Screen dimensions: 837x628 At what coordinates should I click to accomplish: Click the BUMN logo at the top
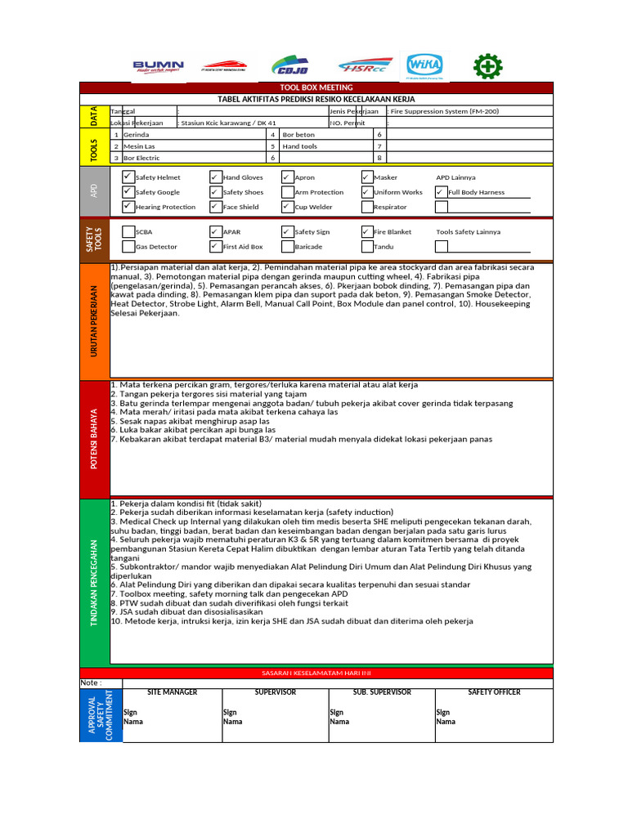[159, 67]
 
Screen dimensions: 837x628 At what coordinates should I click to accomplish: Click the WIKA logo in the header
[423, 66]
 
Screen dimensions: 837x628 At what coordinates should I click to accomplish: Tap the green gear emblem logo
[488, 67]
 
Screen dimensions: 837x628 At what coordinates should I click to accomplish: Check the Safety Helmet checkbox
[128, 177]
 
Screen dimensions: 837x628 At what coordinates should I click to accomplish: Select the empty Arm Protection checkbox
[287, 192]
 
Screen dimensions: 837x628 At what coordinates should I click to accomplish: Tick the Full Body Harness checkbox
[442, 192]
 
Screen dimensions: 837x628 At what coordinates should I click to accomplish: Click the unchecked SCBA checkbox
[128, 231]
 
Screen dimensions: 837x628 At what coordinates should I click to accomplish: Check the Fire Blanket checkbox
[366, 231]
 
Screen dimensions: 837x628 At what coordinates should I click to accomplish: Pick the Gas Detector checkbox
[128, 246]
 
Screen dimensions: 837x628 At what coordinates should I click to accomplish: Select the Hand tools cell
[299, 146]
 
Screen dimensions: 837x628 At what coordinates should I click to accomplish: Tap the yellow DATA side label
[94, 116]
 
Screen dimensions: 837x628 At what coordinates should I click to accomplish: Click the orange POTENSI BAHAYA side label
[94, 440]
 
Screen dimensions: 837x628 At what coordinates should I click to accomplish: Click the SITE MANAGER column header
[172, 692]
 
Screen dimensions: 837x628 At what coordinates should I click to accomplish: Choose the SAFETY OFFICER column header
[494, 692]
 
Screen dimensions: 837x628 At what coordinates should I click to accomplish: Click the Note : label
[91, 683]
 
